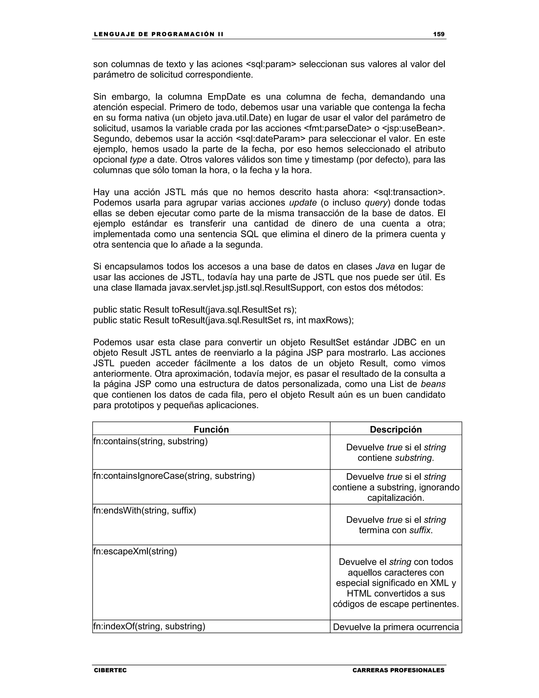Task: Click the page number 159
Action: (438, 34)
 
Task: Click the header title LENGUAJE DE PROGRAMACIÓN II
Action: (158, 34)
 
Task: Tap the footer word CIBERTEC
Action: (110, 670)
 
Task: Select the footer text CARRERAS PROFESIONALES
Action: (398, 670)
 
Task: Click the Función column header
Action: (211, 429)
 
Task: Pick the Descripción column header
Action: (396, 429)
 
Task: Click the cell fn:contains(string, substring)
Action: (150, 441)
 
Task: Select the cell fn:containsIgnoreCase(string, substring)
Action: (174, 476)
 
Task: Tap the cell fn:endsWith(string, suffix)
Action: (145, 510)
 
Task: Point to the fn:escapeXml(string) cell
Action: (135, 551)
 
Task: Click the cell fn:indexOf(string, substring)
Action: (149, 626)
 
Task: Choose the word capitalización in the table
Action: (396, 498)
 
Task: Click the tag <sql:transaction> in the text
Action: (409, 192)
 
